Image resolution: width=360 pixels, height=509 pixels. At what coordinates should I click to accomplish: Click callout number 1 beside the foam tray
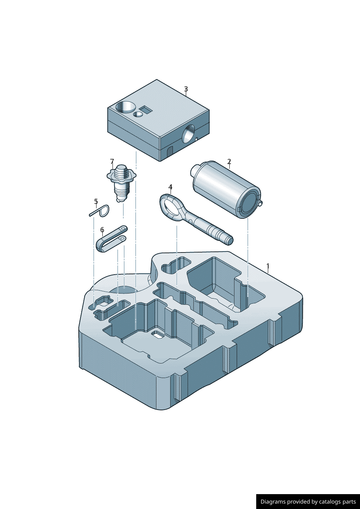[268, 266]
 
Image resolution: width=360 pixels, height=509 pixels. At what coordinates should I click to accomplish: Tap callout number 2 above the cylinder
[229, 161]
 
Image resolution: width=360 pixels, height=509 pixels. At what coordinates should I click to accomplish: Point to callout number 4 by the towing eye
[171, 187]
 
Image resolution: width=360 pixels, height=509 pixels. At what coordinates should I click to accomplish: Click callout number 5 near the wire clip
[96, 201]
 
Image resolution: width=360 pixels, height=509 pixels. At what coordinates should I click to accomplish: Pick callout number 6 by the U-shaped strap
[102, 230]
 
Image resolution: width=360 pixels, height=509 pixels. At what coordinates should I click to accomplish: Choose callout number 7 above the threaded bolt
[112, 161]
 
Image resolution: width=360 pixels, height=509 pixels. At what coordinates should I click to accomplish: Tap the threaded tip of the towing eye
[228, 240]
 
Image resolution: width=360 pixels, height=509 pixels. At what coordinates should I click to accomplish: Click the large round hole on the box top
[125, 107]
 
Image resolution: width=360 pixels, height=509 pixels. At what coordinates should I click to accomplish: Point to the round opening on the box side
[189, 134]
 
